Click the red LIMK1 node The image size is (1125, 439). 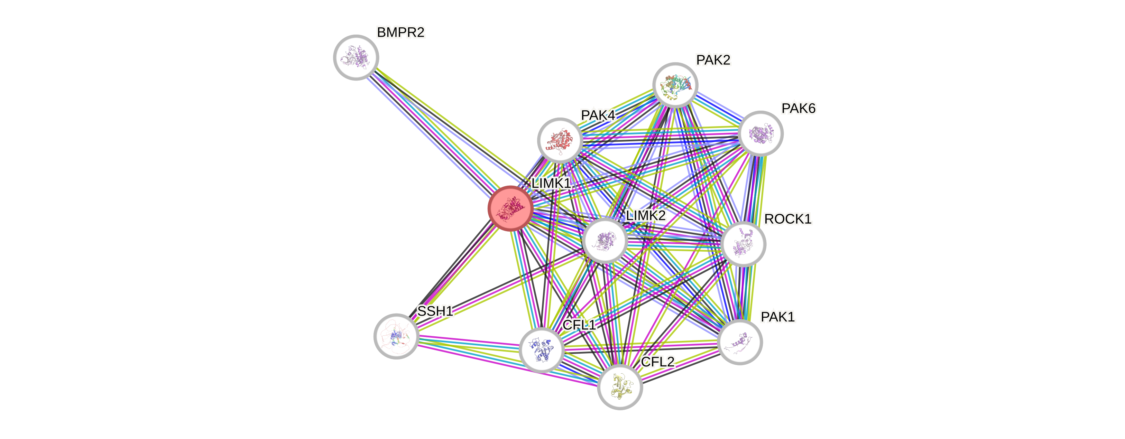(510, 208)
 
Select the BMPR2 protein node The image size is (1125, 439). (356, 57)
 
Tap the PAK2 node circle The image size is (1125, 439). (675, 85)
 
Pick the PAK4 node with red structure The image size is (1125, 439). (560, 140)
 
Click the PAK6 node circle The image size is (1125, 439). (760, 133)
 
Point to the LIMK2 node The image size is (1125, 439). (605, 241)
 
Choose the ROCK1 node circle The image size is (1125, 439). (743, 244)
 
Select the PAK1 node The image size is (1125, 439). (740, 342)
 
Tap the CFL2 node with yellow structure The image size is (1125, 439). (620, 387)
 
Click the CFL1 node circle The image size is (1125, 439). (542, 350)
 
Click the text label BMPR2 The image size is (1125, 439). (400, 32)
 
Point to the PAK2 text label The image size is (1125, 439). (713, 60)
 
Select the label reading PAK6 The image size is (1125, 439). (798, 108)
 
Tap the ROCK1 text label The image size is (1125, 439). (787, 218)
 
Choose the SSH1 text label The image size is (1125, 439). (435, 311)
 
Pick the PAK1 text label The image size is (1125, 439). (777, 317)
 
